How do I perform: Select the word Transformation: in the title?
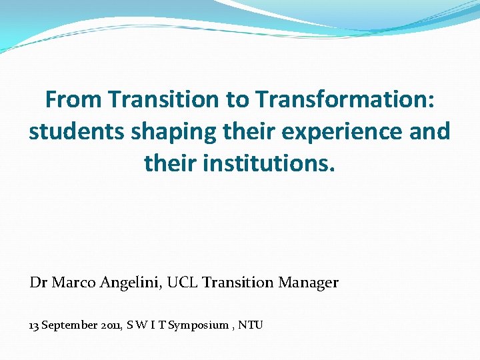tap(344, 100)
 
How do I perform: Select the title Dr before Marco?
tap(38, 283)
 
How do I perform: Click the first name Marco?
tap(74, 283)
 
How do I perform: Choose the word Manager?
tap(309, 283)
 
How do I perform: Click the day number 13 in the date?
tap(35, 325)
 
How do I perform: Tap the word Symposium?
tap(199, 326)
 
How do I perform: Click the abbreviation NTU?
tap(251, 325)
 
